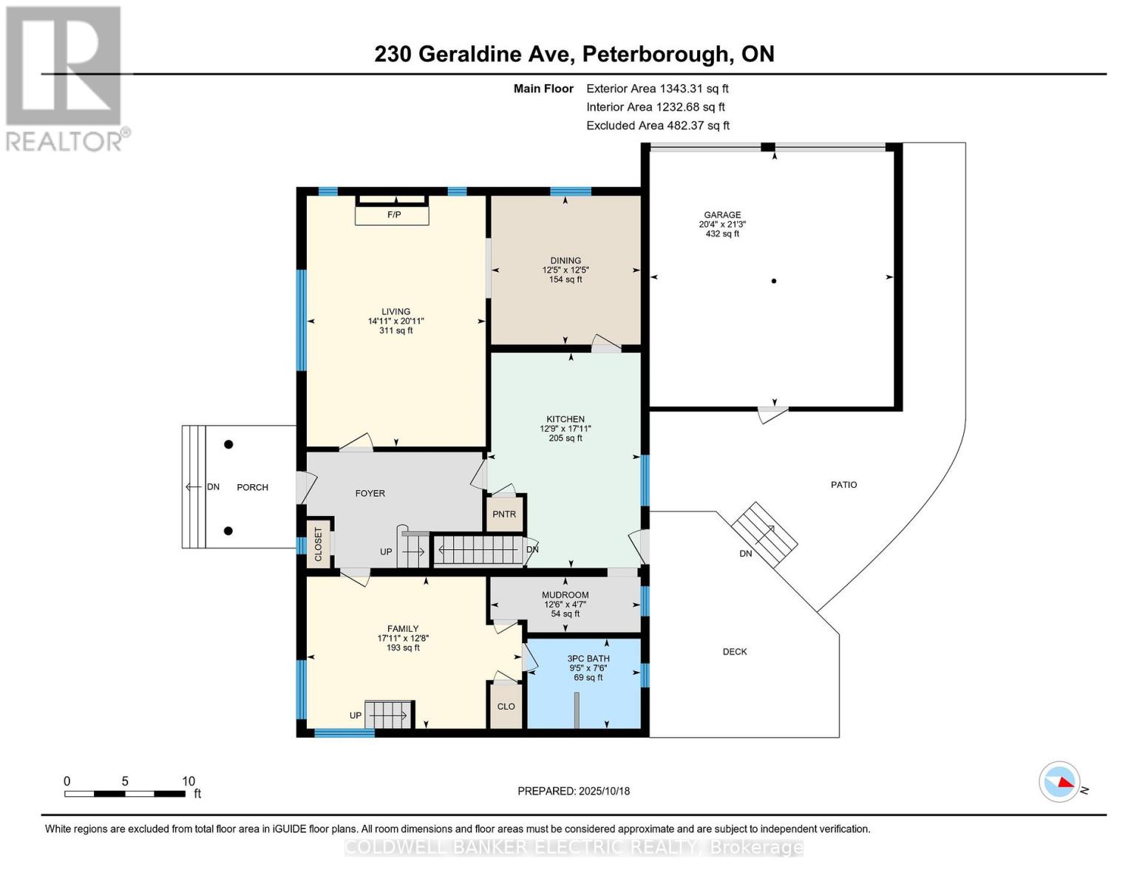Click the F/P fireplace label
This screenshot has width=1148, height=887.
coord(394,214)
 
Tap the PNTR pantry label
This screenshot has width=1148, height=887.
coord(504,514)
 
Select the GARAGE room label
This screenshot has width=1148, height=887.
coord(722,214)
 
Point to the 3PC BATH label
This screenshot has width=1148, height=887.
coord(588,659)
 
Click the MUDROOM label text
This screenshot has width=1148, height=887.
coord(565,595)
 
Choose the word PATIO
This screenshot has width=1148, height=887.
coord(843,484)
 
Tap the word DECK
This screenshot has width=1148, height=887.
coord(735,651)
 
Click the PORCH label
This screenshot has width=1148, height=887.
coord(253,487)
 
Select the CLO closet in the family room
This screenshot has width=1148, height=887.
coord(506,707)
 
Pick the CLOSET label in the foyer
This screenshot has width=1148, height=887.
coord(318,544)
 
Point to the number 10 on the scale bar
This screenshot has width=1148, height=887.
coord(188,781)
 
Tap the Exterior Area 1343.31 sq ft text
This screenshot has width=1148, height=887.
coord(657,89)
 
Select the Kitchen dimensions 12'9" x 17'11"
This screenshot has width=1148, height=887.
coord(565,429)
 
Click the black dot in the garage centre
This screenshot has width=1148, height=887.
coord(774,281)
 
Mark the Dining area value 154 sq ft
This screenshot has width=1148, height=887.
coord(565,279)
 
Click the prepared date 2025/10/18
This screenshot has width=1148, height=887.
coord(605,791)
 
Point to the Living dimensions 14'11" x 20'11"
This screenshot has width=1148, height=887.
coord(395,322)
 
